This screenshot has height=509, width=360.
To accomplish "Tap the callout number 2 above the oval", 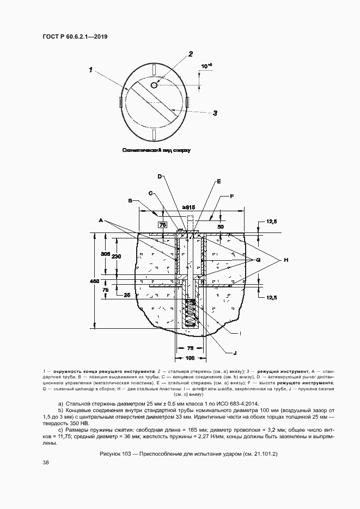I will (x=191, y=54).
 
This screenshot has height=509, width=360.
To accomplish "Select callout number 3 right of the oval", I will (x=215, y=113).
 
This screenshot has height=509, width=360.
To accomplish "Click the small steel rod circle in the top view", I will (x=154, y=84).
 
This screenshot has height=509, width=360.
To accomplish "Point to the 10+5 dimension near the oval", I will (x=206, y=66).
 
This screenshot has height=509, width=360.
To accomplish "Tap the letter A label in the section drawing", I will (x=101, y=220).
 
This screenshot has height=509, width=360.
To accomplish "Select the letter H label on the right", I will (x=285, y=261).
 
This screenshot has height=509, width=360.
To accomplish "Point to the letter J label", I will (x=235, y=353).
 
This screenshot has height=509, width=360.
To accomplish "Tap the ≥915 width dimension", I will (x=189, y=207).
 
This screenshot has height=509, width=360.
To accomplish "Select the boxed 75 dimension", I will (x=162, y=224).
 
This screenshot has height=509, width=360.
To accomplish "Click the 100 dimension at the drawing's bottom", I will (x=190, y=358).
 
